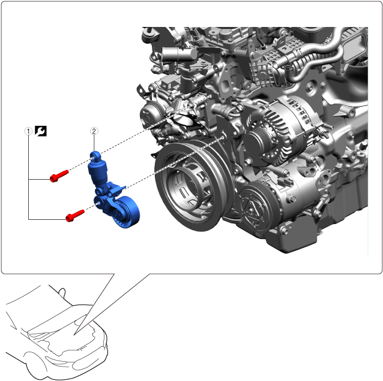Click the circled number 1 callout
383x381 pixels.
tap(28, 131)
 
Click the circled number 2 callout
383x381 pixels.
tap(94, 131)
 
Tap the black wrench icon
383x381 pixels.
tap(41, 131)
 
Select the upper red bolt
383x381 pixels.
tap(59, 176)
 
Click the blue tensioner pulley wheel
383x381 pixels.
tap(127, 212)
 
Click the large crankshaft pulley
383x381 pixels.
tap(191, 186)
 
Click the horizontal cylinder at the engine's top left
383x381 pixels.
tap(179, 54)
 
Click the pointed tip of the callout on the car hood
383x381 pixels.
tap(74, 334)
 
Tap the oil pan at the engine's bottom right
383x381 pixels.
tap(318, 224)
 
